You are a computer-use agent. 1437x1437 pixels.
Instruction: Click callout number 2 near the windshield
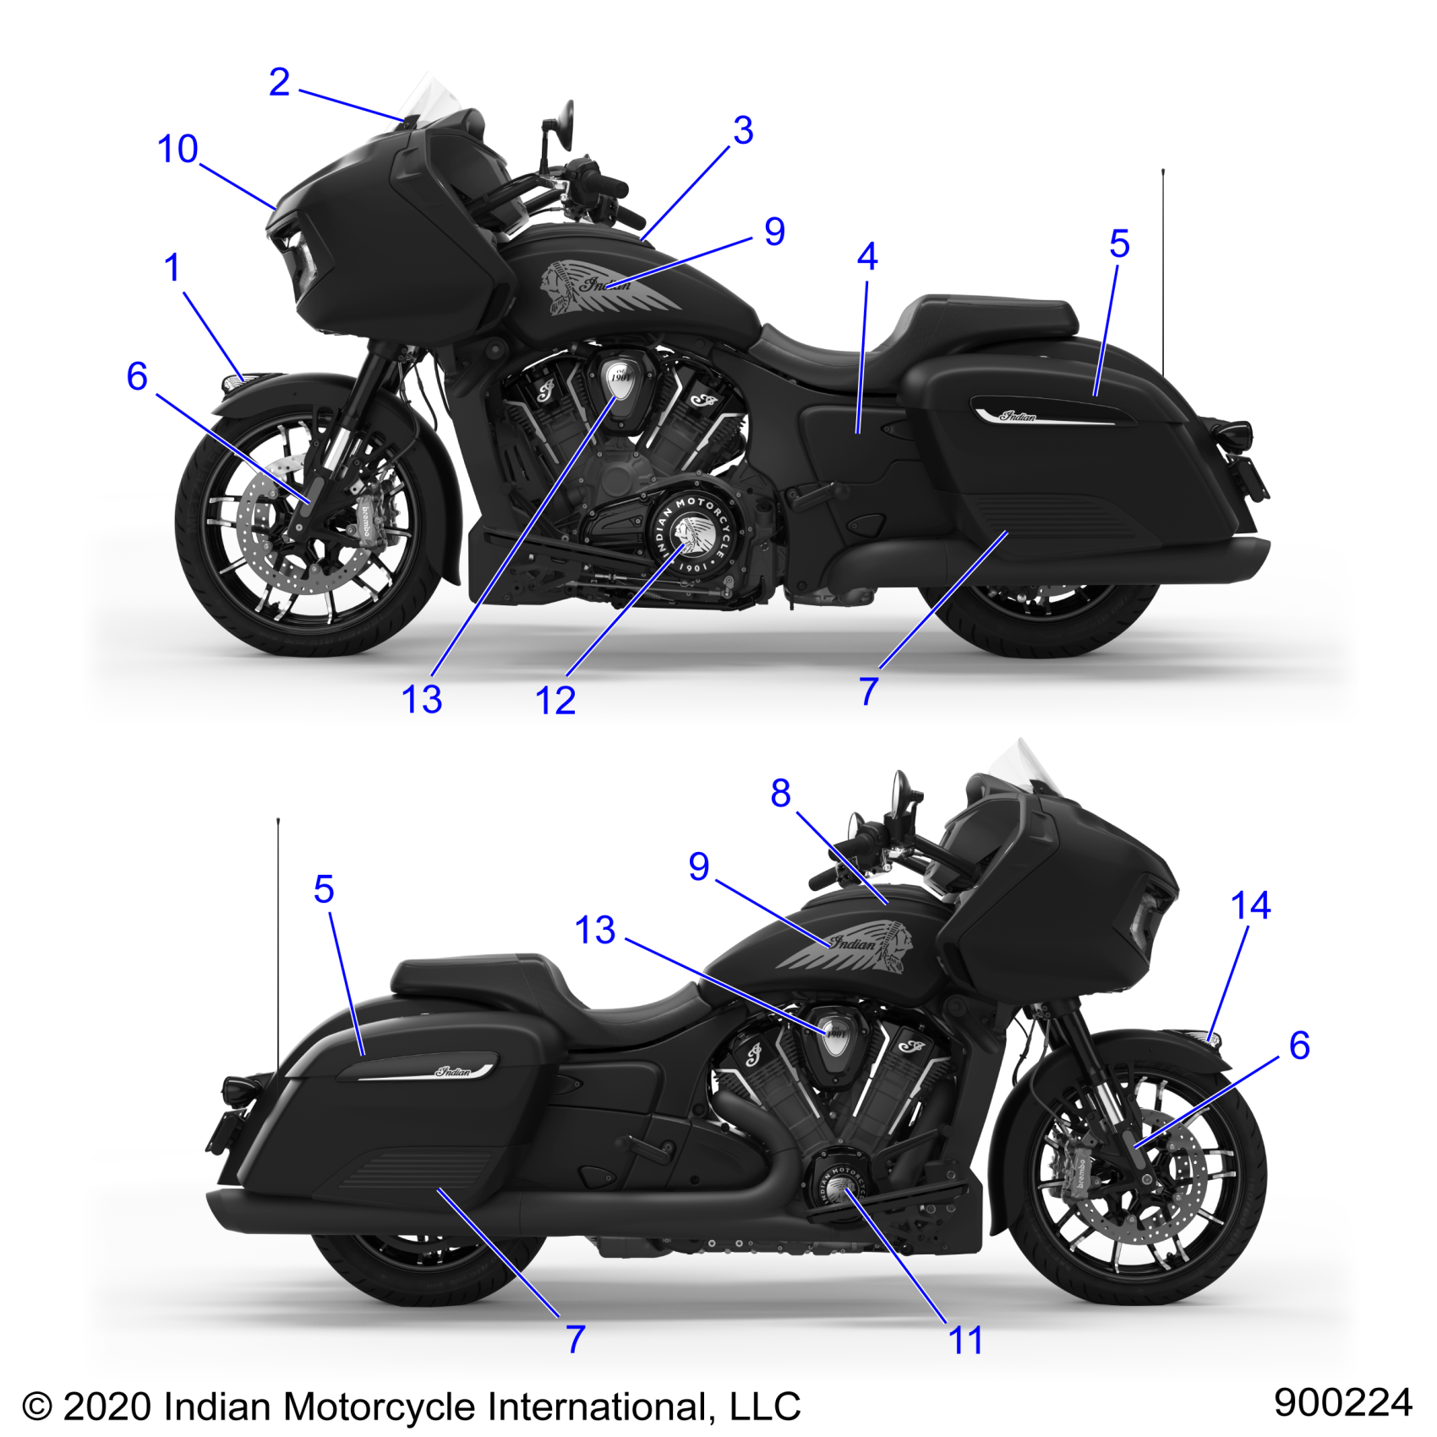point(279,83)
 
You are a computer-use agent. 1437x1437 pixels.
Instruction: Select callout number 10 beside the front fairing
point(178,150)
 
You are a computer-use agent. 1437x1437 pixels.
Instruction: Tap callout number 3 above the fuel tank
point(743,131)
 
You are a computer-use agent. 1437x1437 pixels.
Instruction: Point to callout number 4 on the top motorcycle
point(867,257)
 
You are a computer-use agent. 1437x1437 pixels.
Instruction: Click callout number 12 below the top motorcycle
point(555,701)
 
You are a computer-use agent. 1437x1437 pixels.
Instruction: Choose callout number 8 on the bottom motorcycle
point(780,793)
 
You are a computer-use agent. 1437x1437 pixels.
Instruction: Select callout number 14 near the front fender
point(1250,906)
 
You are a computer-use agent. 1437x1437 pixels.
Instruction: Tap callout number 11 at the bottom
point(965,1341)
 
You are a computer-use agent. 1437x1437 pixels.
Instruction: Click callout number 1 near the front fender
point(172,268)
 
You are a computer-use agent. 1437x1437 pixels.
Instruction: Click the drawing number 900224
point(1342,1402)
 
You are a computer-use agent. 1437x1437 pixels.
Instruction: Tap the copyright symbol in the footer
point(37,1408)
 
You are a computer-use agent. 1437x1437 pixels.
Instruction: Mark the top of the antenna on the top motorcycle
point(1163,172)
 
